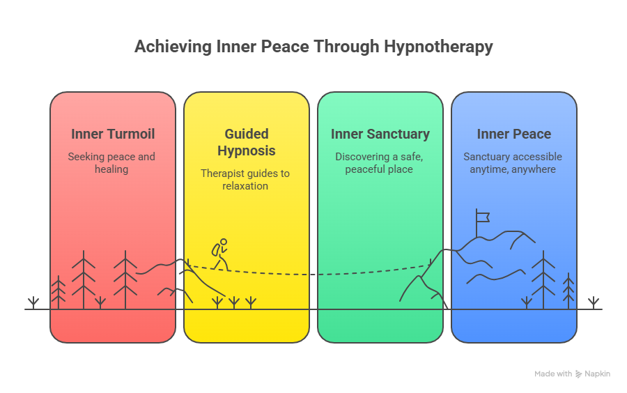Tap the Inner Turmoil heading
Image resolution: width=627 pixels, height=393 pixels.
point(113,134)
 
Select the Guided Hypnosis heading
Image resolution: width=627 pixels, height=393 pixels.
point(246,142)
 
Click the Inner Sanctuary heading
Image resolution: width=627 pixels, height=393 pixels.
point(380,134)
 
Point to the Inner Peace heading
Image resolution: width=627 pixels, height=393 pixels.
point(514,134)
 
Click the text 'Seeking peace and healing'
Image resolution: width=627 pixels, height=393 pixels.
point(111,163)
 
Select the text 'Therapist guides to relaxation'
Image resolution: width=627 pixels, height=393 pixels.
point(245,180)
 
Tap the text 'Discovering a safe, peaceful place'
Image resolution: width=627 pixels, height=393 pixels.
point(379,163)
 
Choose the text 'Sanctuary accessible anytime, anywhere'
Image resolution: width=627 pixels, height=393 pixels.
point(513,163)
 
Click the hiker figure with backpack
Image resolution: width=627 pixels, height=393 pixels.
point(220,254)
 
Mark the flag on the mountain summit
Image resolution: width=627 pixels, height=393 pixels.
point(481,217)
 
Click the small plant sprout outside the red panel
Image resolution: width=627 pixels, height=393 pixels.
point(33,302)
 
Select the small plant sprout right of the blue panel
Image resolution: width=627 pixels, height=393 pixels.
point(594,302)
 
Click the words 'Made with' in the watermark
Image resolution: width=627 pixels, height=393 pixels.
point(553,374)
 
